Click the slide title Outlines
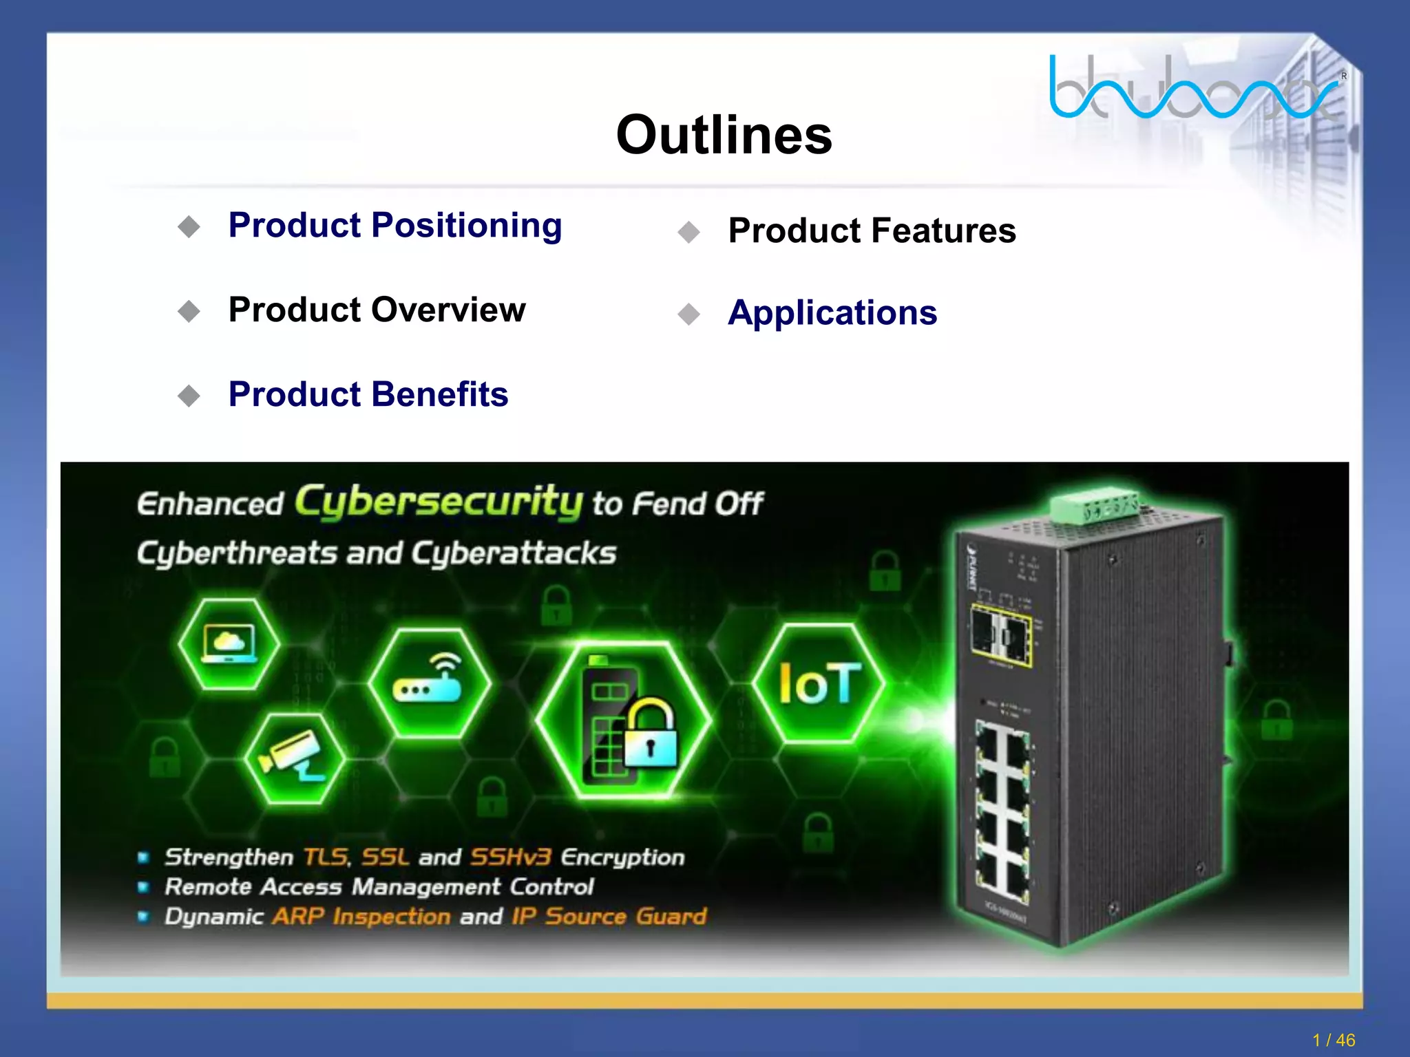[x=724, y=135]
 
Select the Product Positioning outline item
[x=395, y=226]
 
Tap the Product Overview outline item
[x=377, y=310]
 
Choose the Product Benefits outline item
[x=368, y=394]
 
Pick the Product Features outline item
[x=872, y=231]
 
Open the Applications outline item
[x=832, y=313]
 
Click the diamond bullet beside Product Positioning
[x=189, y=226]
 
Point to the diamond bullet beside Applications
[x=688, y=314]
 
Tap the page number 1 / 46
[x=1334, y=1040]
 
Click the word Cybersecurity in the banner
[x=439, y=501]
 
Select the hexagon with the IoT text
[x=819, y=683]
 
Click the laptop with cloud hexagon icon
[x=229, y=644]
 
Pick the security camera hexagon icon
[x=293, y=758]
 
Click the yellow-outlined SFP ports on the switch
[x=1000, y=634]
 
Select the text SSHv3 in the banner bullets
[x=511, y=857]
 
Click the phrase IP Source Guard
[x=609, y=917]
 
